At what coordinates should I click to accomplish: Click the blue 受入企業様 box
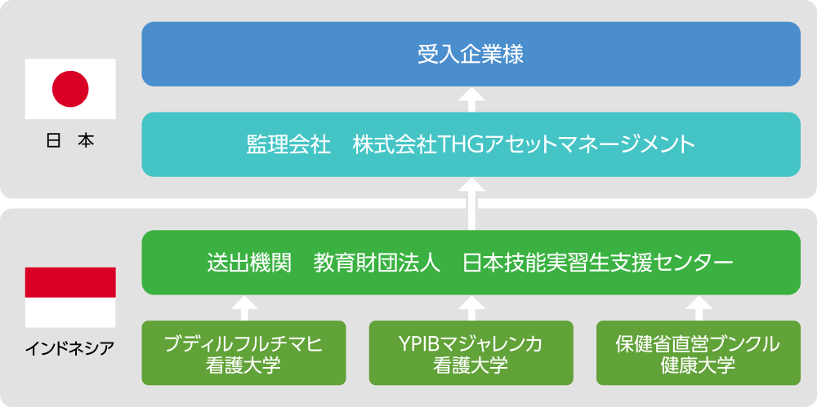471,54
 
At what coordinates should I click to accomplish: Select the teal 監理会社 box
471,144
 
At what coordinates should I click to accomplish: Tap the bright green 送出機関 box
471,263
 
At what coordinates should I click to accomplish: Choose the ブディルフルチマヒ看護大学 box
243,353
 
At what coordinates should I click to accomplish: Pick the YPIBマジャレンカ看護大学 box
471,353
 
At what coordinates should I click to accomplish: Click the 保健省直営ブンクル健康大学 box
699,353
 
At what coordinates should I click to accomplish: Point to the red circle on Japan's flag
70,89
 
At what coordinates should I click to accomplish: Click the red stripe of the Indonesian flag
70,282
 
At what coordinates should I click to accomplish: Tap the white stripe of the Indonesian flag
70,312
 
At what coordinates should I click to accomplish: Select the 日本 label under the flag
70,142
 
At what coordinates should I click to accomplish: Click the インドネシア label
70,347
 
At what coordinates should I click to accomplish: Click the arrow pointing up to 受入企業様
471,100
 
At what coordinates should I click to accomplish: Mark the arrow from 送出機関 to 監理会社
471,204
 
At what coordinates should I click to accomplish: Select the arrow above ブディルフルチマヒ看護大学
243,307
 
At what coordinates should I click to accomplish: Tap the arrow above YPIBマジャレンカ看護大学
471,307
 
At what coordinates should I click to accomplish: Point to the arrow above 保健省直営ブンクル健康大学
699,307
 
